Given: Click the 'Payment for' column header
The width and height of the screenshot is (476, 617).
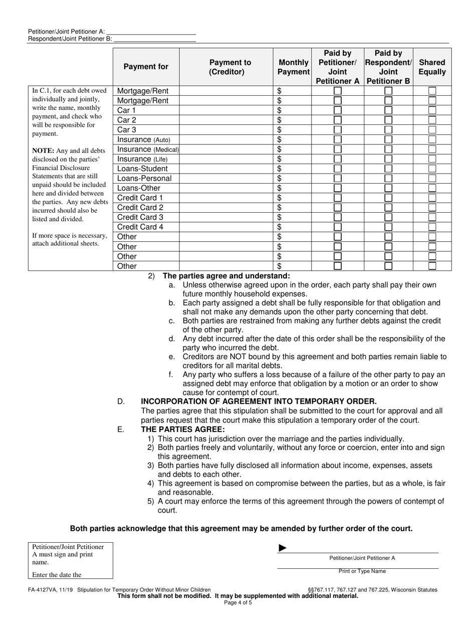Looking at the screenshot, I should click(x=146, y=67).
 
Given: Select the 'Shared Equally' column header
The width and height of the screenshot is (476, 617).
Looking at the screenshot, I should click(x=432, y=67).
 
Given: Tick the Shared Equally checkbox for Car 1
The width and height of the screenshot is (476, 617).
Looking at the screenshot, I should click(x=432, y=110).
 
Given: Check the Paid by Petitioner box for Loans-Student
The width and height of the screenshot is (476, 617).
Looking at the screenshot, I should click(x=338, y=169).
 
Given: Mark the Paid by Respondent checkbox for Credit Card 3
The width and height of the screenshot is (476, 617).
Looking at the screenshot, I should click(x=388, y=217).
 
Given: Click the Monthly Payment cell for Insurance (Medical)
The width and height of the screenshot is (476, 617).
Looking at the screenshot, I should click(x=292, y=149).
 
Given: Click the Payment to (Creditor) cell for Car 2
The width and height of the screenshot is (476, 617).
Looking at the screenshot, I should click(x=226, y=120).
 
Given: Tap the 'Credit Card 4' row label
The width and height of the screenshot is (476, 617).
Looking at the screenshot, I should click(x=140, y=227).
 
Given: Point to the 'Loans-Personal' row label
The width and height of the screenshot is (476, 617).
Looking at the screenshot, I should click(x=144, y=179).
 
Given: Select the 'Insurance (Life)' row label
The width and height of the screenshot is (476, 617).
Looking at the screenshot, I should click(x=142, y=159).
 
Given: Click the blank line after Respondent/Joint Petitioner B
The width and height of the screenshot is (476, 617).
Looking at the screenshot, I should click(x=154, y=39).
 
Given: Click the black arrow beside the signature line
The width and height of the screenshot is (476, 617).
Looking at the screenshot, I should click(x=283, y=548).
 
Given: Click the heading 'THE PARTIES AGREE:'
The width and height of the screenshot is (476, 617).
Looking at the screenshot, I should click(x=183, y=429).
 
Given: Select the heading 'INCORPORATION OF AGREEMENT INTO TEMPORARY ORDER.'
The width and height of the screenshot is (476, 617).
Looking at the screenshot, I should click(x=259, y=401).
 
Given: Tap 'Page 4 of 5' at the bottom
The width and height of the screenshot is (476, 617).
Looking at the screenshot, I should click(x=238, y=602).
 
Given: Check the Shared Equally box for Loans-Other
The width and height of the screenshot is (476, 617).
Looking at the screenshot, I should click(x=432, y=188).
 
